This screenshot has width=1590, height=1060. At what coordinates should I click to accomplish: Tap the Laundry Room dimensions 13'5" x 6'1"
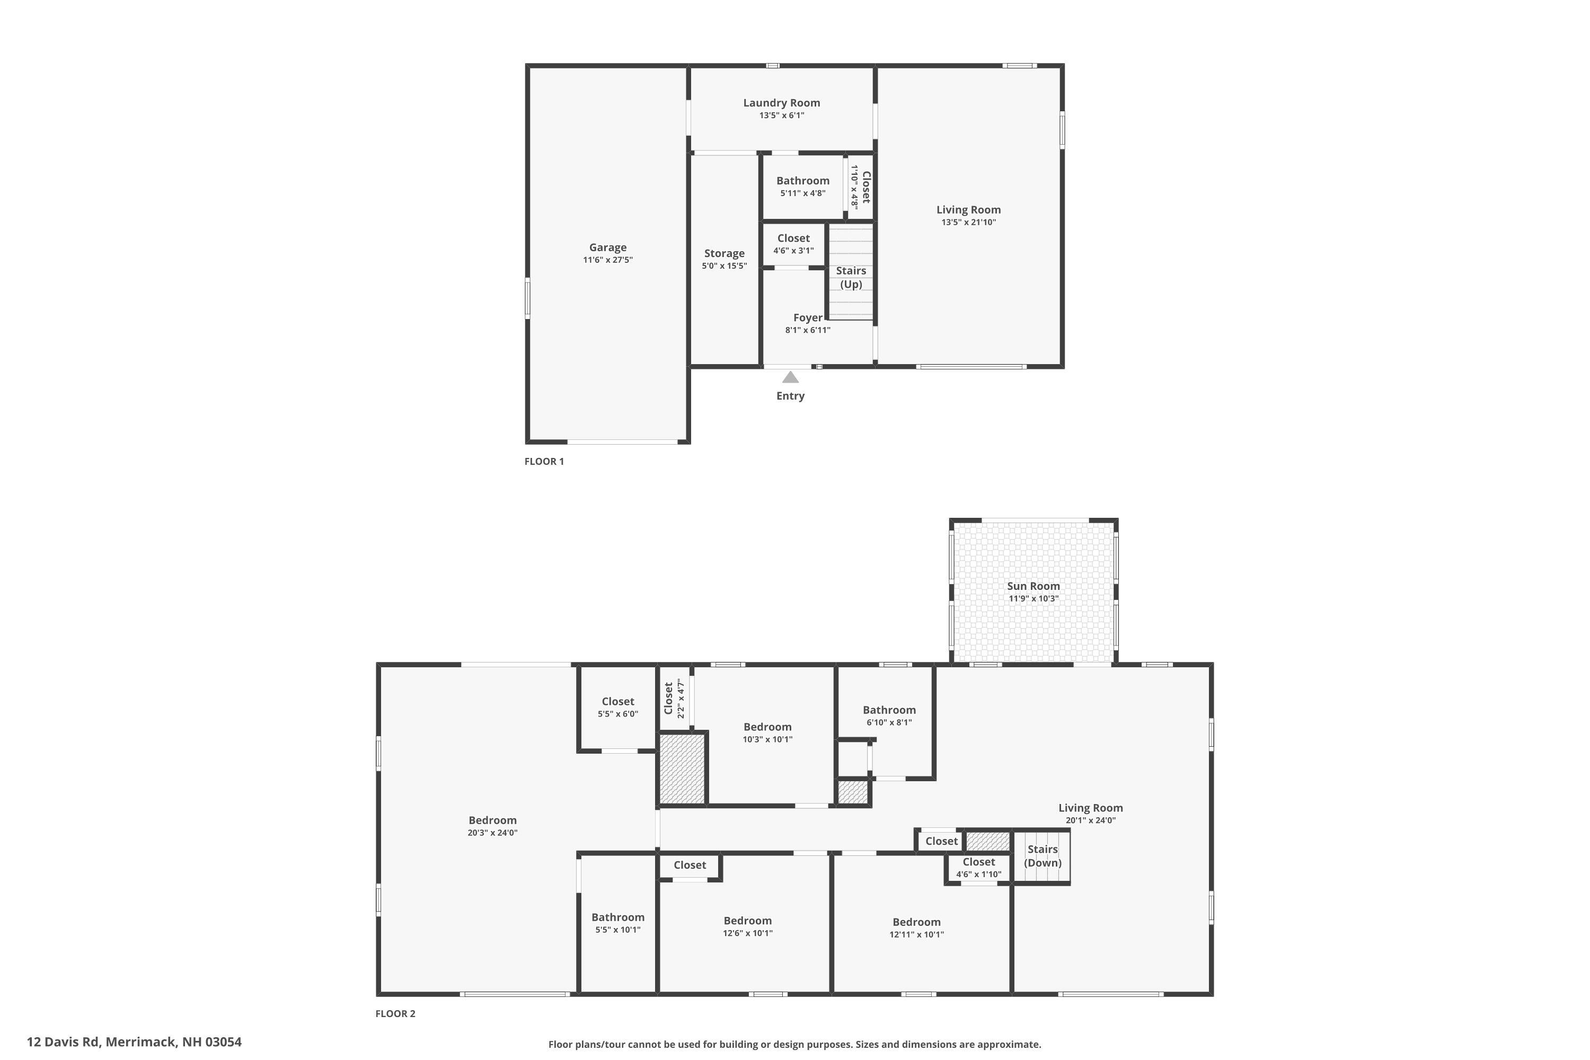781,116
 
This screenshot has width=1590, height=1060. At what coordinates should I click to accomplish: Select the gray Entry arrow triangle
790,377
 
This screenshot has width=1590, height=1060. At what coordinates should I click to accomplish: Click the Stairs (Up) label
851,277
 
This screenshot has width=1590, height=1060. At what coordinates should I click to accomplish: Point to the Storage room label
724,253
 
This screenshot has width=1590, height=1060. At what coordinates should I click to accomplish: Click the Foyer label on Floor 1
808,317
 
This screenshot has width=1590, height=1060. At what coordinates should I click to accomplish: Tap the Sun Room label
1033,586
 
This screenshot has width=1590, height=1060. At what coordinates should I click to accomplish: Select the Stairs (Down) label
1043,856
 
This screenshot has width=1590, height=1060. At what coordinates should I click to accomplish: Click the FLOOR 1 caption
544,461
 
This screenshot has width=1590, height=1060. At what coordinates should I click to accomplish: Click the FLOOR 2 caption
395,1013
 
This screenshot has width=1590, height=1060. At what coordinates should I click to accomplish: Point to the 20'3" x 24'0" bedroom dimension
492,833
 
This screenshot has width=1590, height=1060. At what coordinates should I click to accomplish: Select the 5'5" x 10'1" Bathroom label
617,917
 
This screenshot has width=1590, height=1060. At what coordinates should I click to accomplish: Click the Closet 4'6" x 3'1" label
793,238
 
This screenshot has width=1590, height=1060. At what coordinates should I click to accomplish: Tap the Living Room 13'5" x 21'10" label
968,209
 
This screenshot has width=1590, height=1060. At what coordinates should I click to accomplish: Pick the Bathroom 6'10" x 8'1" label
889,710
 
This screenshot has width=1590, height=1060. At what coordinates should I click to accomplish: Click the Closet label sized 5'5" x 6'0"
617,702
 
